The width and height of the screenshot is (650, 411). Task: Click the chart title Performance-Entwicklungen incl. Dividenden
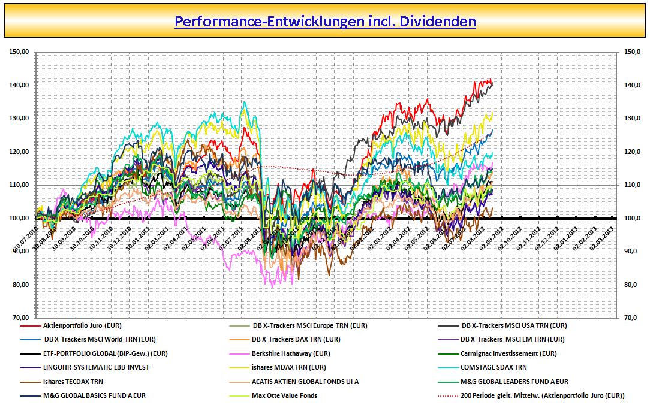click(325, 22)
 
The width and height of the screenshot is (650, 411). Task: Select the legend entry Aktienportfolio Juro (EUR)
click(82, 326)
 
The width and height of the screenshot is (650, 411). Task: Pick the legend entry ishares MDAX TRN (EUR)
click(289, 367)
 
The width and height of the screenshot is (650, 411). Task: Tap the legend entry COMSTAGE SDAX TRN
click(494, 367)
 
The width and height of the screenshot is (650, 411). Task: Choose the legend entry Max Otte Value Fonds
click(284, 395)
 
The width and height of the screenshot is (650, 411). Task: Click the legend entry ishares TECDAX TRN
click(73, 382)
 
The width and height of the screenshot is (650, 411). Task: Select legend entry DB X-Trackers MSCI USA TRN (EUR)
click(514, 326)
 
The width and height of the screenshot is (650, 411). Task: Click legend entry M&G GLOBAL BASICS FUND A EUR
click(94, 395)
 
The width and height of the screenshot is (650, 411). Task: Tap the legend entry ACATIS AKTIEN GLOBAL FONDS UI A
click(306, 382)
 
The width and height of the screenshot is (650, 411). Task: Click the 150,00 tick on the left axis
click(20, 52)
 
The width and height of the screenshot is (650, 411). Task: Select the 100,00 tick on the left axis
click(20, 219)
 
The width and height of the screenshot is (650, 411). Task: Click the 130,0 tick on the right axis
click(633, 119)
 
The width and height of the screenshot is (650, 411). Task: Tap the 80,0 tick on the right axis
click(633, 285)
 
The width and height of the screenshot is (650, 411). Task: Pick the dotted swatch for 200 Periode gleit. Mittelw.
click(448, 395)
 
